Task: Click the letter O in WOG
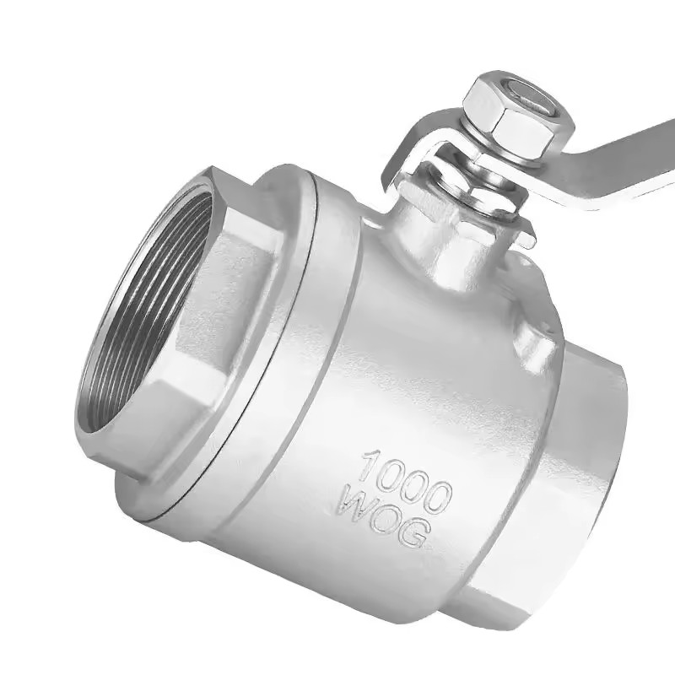(383, 520)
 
